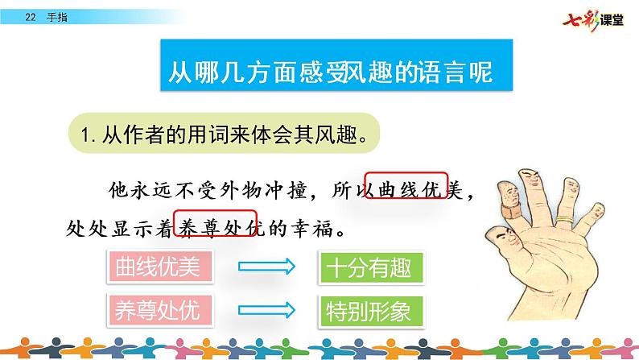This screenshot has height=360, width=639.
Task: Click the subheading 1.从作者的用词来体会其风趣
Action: click(x=229, y=134)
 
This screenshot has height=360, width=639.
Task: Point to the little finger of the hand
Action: click(x=599, y=213)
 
